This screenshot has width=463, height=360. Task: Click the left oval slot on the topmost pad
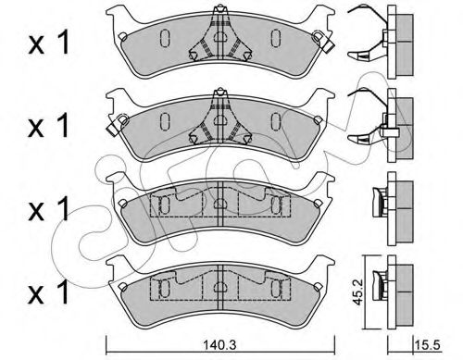click(x=163, y=40)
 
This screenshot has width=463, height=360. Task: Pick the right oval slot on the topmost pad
click(x=275, y=40)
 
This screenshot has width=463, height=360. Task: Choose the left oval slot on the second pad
click(x=163, y=121)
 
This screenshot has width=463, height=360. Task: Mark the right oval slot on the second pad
click(x=275, y=121)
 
